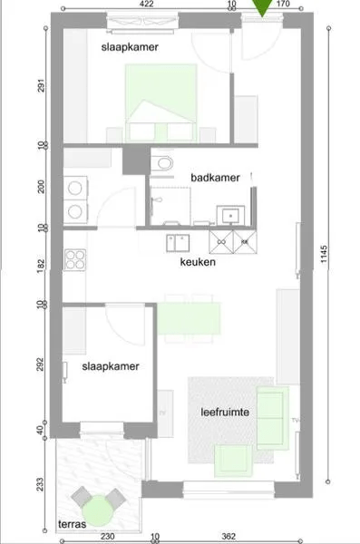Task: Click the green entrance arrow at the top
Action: click(263, 8)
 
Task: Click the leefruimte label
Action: click(226, 412)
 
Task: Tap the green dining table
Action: click(190, 317)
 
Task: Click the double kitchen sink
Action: click(178, 240)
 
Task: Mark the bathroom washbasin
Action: click(232, 216)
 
